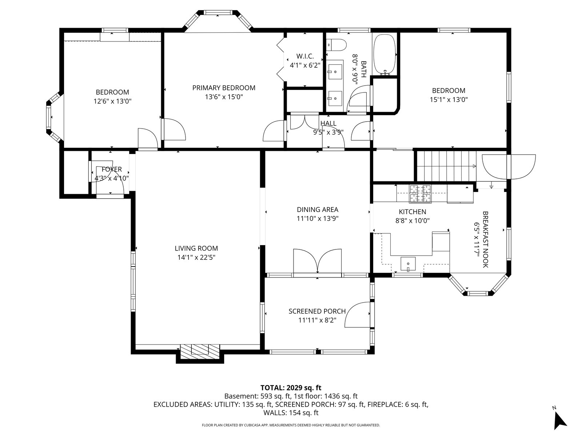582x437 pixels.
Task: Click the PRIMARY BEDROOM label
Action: click(224, 88)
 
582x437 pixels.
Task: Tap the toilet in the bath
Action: click(336, 45)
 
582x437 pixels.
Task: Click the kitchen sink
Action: click(408, 263)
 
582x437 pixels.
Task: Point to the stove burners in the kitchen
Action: click(420, 194)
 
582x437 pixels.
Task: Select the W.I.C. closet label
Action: click(305, 56)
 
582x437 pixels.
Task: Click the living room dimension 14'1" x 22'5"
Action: click(196, 257)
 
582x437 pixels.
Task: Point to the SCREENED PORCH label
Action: click(317, 311)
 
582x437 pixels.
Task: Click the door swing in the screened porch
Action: click(357, 315)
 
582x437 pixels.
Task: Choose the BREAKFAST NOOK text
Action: click(485, 239)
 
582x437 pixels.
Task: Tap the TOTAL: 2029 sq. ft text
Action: click(291, 387)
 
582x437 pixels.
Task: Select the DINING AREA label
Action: click(318, 210)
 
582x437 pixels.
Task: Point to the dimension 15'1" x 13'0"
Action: click(449, 99)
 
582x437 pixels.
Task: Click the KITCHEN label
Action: click(412, 212)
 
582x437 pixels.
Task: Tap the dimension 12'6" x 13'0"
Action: click(112, 101)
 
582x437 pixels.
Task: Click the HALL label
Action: click(328, 123)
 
